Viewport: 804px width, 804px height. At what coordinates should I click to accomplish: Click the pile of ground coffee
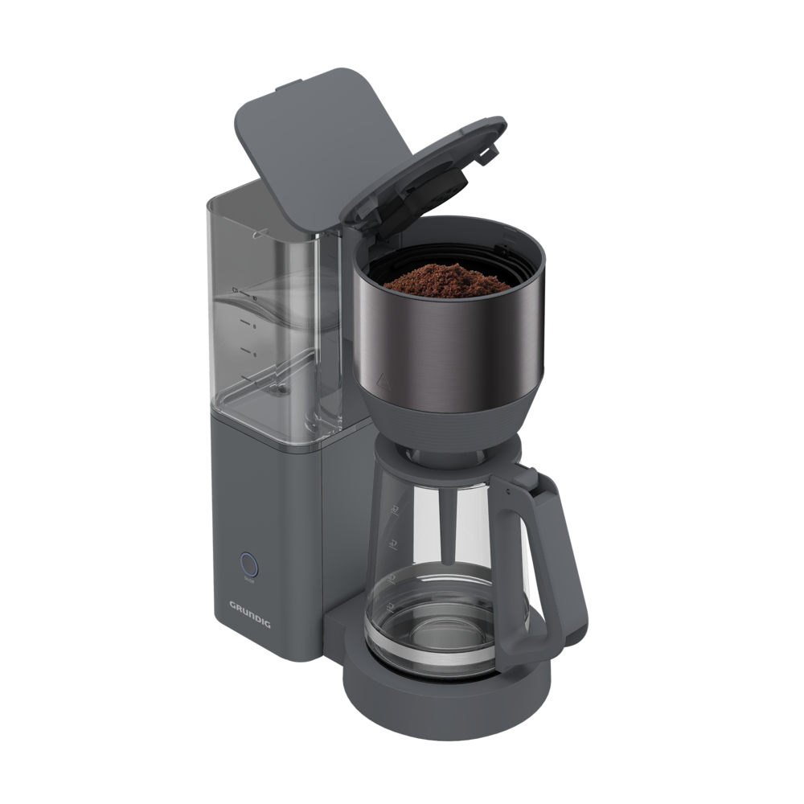447,278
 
